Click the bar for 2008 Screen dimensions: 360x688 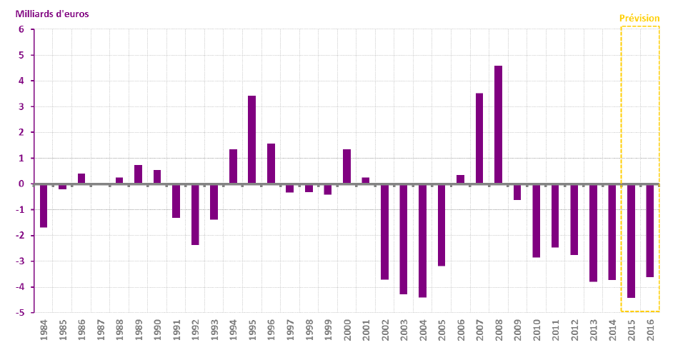tap(498, 125)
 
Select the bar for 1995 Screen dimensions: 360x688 tap(251, 140)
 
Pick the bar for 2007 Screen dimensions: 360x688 tap(479, 139)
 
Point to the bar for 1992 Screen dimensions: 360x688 tap(195, 214)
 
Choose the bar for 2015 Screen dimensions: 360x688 tap(631, 241)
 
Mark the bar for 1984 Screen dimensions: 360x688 tap(44, 206)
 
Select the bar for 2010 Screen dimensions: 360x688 tap(536, 221)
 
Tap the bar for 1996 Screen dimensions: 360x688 tap(271, 164)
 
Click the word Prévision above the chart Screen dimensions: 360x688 tap(639, 19)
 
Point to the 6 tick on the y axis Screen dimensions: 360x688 tap(21, 29)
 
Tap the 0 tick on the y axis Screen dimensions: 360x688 tap(21, 184)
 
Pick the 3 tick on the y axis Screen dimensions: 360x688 tap(21, 106)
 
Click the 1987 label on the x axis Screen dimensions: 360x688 tap(101, 334)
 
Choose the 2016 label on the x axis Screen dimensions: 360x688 tap(649, 334)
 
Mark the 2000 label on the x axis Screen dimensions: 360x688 tap(347, 334)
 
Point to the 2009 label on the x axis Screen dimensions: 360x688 tap(517, 334)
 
